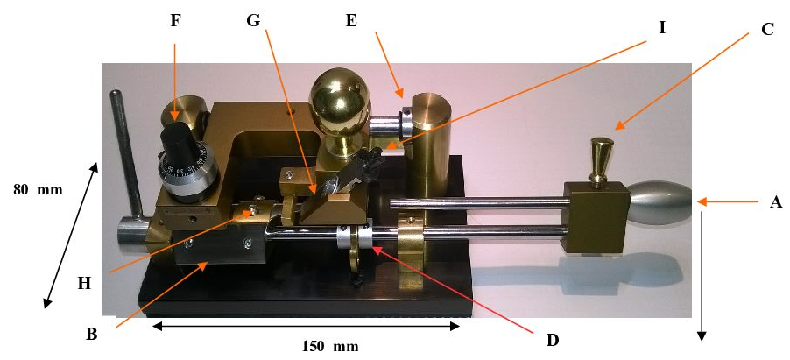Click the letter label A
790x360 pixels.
[x=775, y=202]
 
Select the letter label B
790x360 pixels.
[x=92, y=335]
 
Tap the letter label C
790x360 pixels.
[x=767, y=30]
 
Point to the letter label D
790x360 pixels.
[x=553, y=341]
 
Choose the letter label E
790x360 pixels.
[x=352, y=21]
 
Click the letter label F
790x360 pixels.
[x=174, y=21]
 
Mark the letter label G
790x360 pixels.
[x=252, y=21]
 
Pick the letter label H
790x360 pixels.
[x=83, y=284]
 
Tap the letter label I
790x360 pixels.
[x=662, y=28]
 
